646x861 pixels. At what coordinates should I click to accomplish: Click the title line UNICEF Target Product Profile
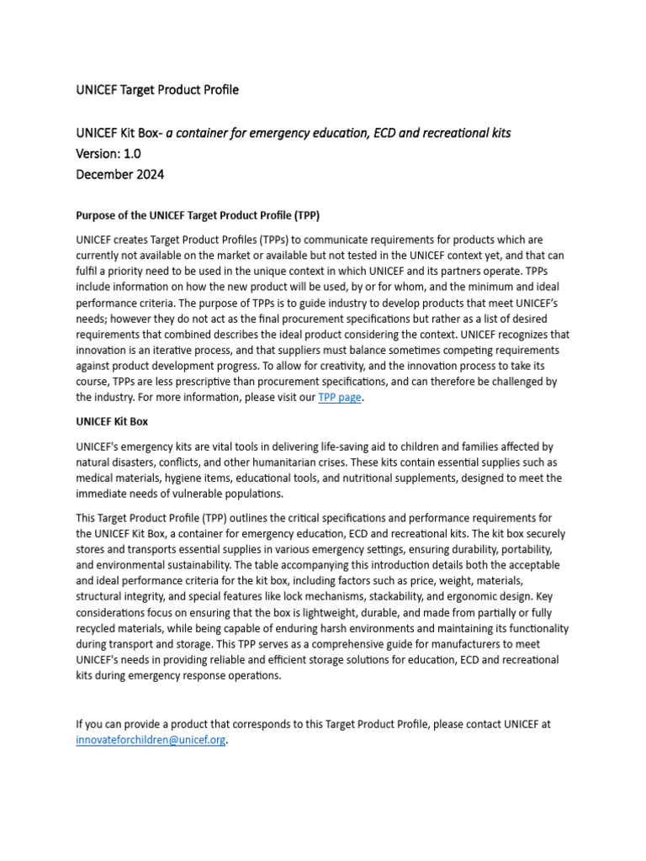click(157, 90)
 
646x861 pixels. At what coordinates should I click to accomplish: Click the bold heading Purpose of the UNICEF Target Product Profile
click(198, 214)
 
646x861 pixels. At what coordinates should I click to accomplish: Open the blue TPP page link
click(340, 398)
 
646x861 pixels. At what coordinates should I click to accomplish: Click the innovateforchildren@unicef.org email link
click(151, 740)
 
